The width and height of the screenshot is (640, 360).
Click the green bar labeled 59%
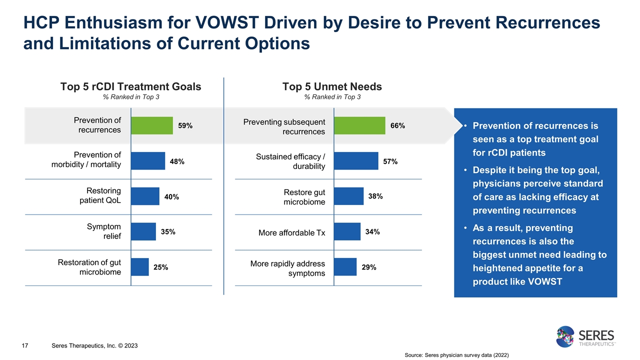[x=152, y=125]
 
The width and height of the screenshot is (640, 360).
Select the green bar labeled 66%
[x=359, y=125]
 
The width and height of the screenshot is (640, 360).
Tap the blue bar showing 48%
[x=148, y=161]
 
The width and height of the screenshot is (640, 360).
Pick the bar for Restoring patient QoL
[x=145, y=196]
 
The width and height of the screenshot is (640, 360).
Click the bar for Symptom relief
[x=143, y=231]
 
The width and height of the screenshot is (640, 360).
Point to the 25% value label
[x=160, y=267]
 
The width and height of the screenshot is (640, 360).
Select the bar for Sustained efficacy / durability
[x=355, y=161]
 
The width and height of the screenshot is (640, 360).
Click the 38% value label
[x=375, y=196]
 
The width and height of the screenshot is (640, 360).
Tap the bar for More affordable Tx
[x=346, y=231]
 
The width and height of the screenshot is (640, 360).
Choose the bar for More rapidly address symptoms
[x=345, y=267]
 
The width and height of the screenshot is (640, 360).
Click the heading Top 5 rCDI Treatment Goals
[x=130, y=86]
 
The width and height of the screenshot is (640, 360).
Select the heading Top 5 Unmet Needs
[x=332, y=86]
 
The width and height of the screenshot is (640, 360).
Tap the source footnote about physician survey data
[x=456, y=355]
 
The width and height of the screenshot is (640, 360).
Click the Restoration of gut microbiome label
[x=89, y=267]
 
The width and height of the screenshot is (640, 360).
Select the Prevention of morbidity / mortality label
[x=86, y=160]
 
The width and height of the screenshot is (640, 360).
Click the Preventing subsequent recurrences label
[x=284, y=126]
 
